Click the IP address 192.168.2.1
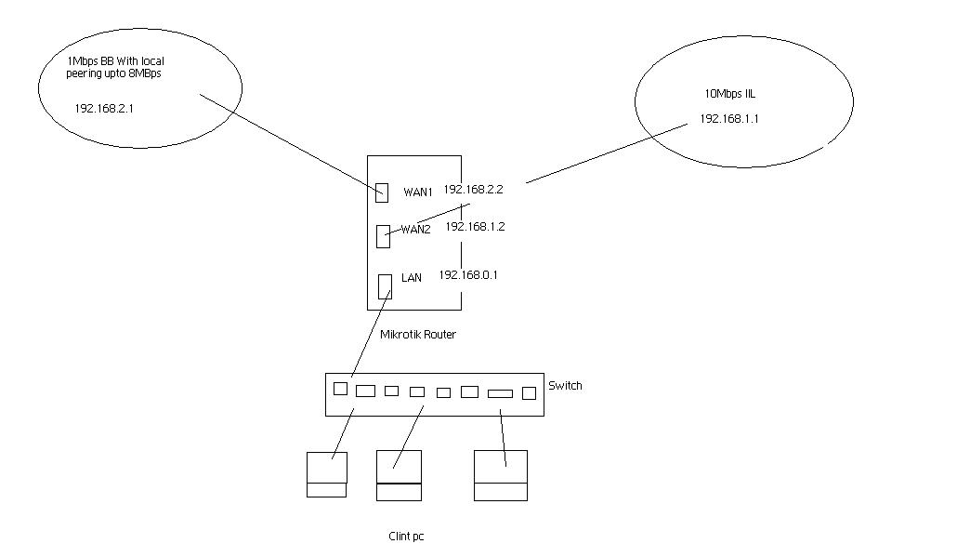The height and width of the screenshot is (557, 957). click(x=104, y=109)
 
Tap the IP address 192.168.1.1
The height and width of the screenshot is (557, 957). click(x=728, y=119)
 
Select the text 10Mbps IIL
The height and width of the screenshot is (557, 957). click(x=730, y=94)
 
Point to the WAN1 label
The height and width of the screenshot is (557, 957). click(x=418, y=192)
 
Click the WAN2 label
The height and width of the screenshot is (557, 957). click(x=415, y=230)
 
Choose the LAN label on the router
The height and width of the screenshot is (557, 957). click(x=412, y=278)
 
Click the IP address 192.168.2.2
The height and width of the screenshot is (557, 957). click(x=473, y=190)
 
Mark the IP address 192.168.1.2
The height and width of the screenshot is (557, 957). click(x=475, y=227)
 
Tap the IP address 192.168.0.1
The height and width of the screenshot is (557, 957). click(x=468, y=275)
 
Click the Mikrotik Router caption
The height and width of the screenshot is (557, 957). click(x=418, y=335)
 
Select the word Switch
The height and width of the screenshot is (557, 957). click(x=565, y=386)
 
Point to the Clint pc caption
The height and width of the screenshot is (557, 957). click(x=406, y=537)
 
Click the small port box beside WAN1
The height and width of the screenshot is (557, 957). click(x=382, y=192)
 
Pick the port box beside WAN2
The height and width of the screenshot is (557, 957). click(x=384, y=236)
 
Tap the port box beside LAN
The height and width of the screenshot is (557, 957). click(x=385, y=286)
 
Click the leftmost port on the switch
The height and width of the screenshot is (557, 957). click(x=341, y=389)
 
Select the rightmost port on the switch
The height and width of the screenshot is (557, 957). click(x=530, y=393)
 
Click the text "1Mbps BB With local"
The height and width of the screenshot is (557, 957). click(x=116, y=61)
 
